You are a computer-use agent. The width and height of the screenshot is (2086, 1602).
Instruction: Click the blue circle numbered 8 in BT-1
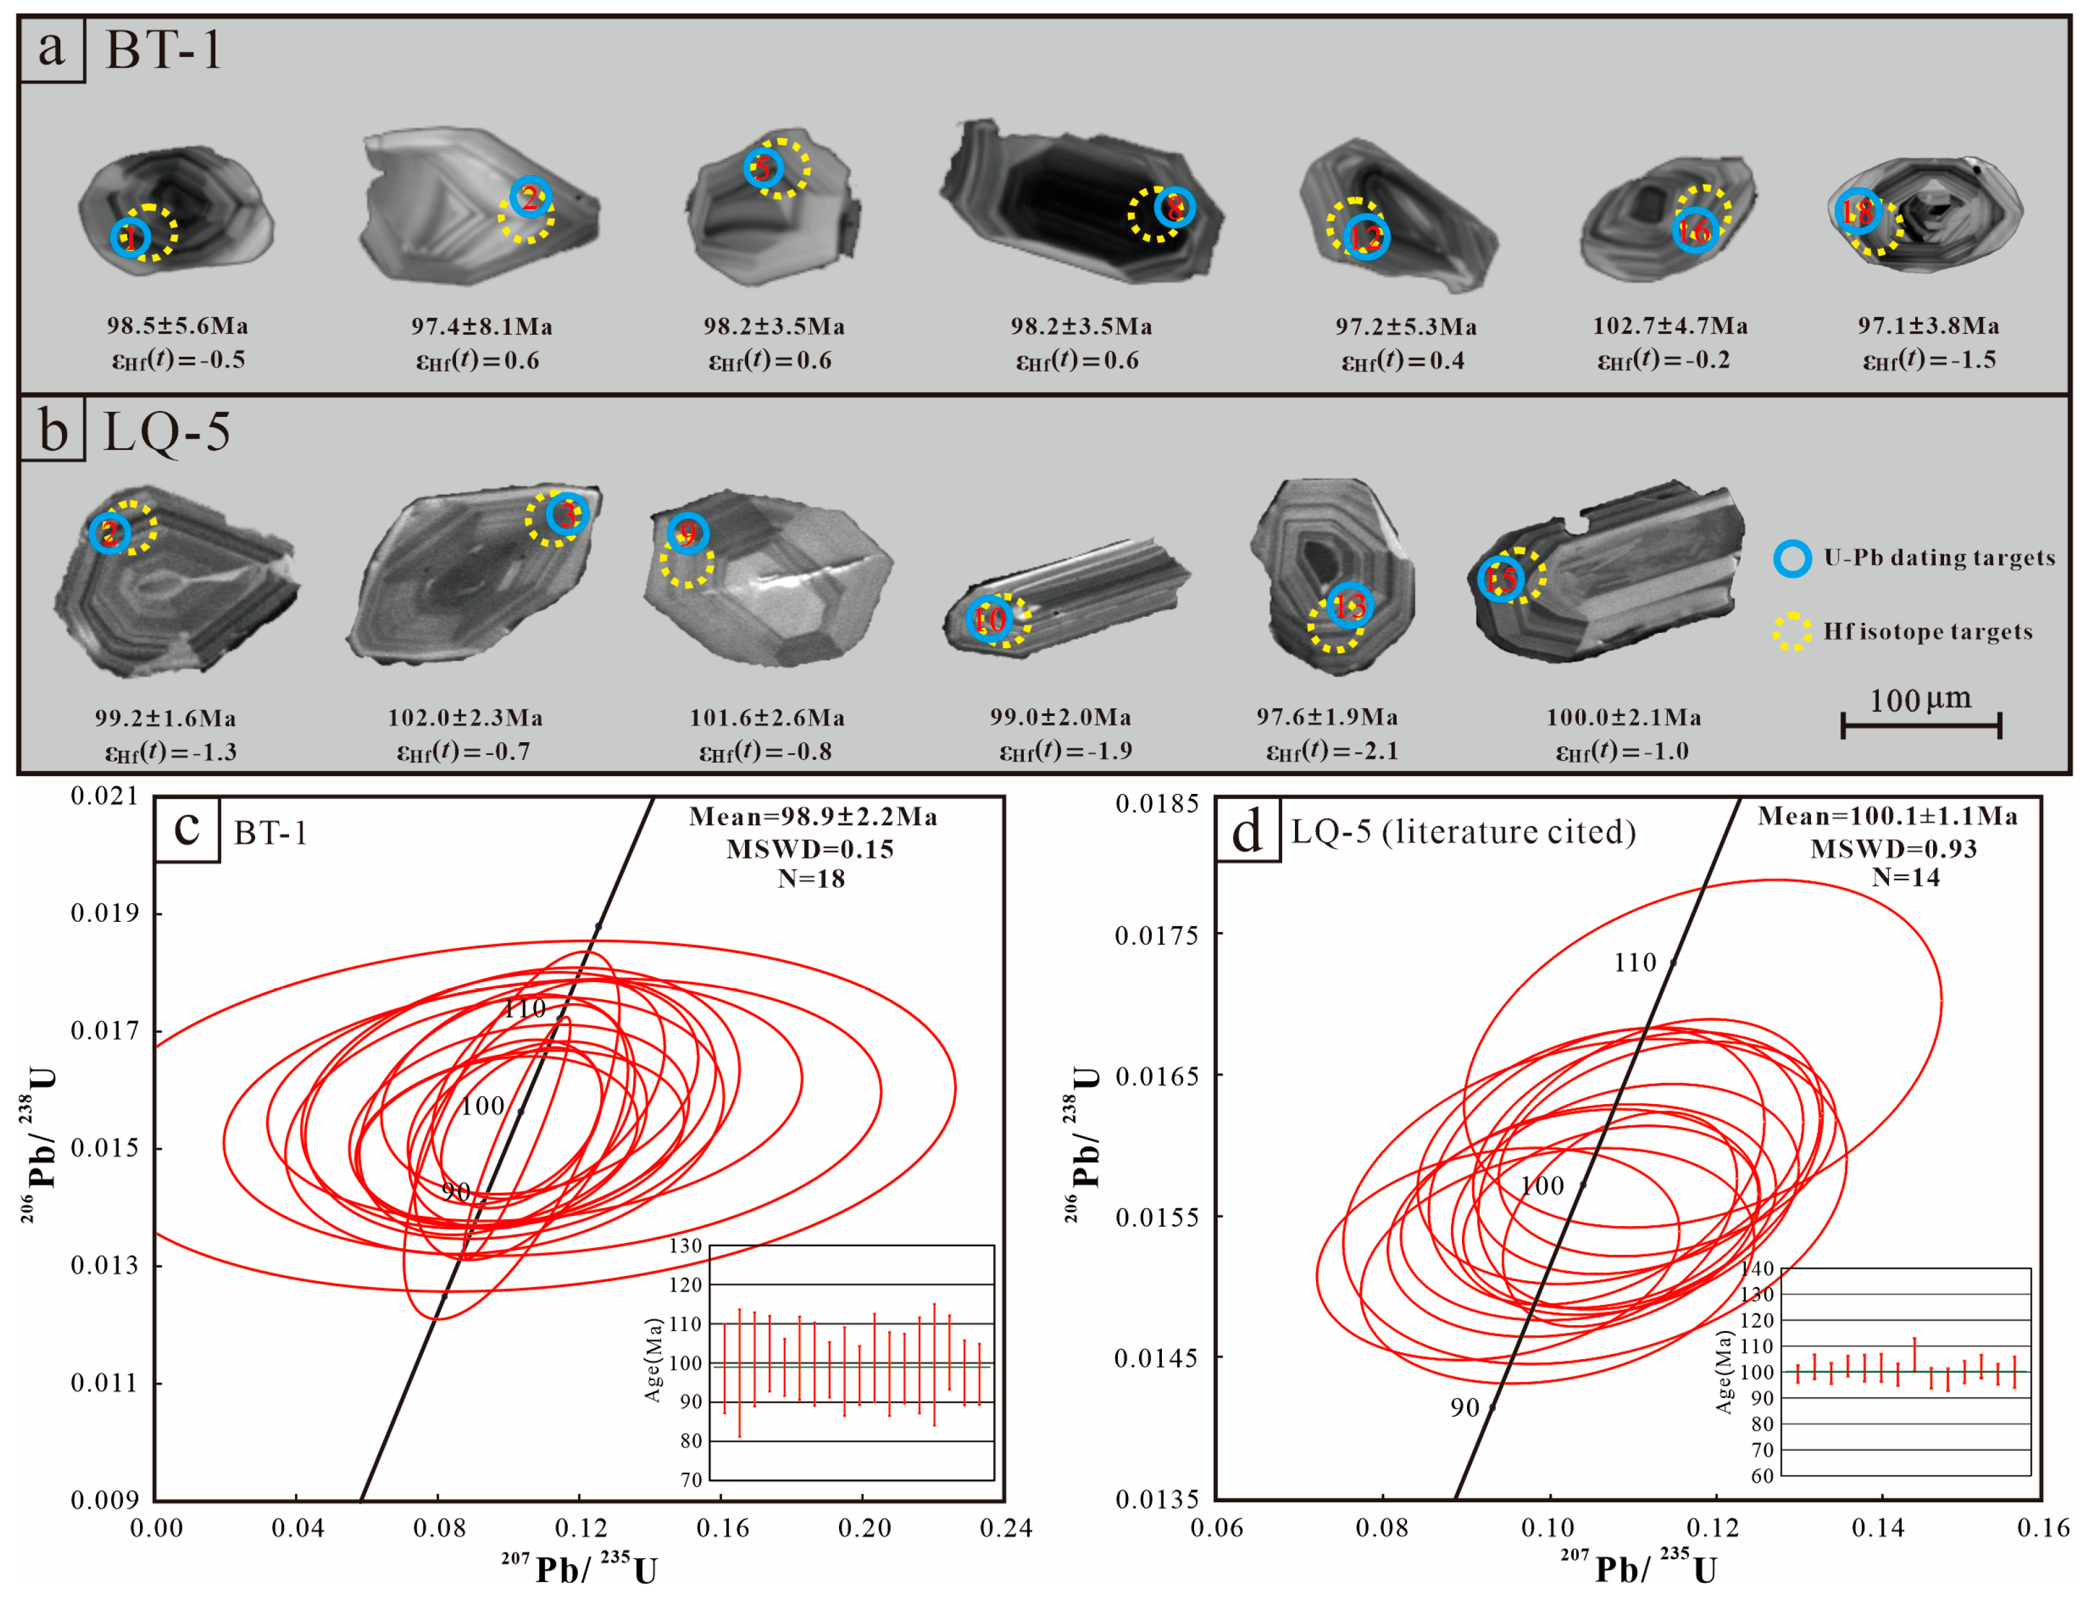[1174, 207]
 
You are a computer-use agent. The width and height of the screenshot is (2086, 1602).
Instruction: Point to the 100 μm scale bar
[1920, 725]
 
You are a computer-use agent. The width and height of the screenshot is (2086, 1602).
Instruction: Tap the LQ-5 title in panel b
[167, 432]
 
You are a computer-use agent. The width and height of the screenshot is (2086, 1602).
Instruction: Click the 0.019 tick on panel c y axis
[104, 914]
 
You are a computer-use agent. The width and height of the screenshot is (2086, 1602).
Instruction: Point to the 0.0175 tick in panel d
[1156, 935]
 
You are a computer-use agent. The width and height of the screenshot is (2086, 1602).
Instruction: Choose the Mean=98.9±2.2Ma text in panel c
[813, 817]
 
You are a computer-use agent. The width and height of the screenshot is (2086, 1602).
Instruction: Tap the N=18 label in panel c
[811, 878]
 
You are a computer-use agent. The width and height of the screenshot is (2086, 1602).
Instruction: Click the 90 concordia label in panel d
[1464, 1408]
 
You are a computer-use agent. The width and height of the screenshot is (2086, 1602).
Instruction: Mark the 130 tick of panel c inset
[685, 1245]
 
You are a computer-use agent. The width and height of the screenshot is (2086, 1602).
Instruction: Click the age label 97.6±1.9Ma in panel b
[1326, 717]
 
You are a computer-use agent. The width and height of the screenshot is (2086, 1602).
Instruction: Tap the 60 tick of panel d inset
[1762, 1476]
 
